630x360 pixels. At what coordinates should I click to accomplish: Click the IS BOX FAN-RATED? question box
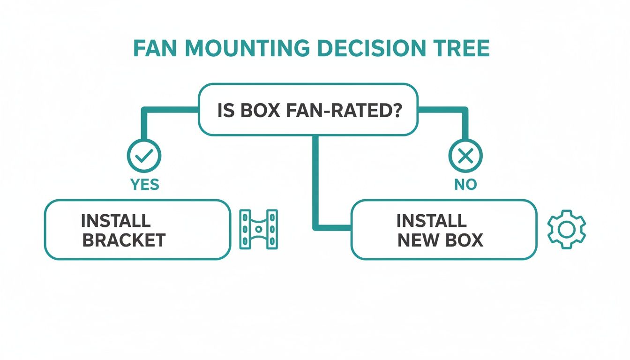[x=308, y=110]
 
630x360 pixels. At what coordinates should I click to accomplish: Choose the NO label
[x=465, y=185]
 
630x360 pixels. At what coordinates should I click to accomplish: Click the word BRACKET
[x=124, y=240]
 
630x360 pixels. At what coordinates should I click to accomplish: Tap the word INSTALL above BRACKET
[x=115, y=220]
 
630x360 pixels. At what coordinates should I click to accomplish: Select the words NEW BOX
[x=440, y=240]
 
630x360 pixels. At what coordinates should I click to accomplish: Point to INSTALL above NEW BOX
[x=431, y=220]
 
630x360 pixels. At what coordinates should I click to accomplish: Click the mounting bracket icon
[x=258, y=229]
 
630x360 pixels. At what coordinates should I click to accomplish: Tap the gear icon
[x=566, y=230]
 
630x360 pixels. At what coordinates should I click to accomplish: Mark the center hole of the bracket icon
[x=258, y=229]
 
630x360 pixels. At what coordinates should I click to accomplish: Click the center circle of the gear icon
[x=566, y=230]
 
